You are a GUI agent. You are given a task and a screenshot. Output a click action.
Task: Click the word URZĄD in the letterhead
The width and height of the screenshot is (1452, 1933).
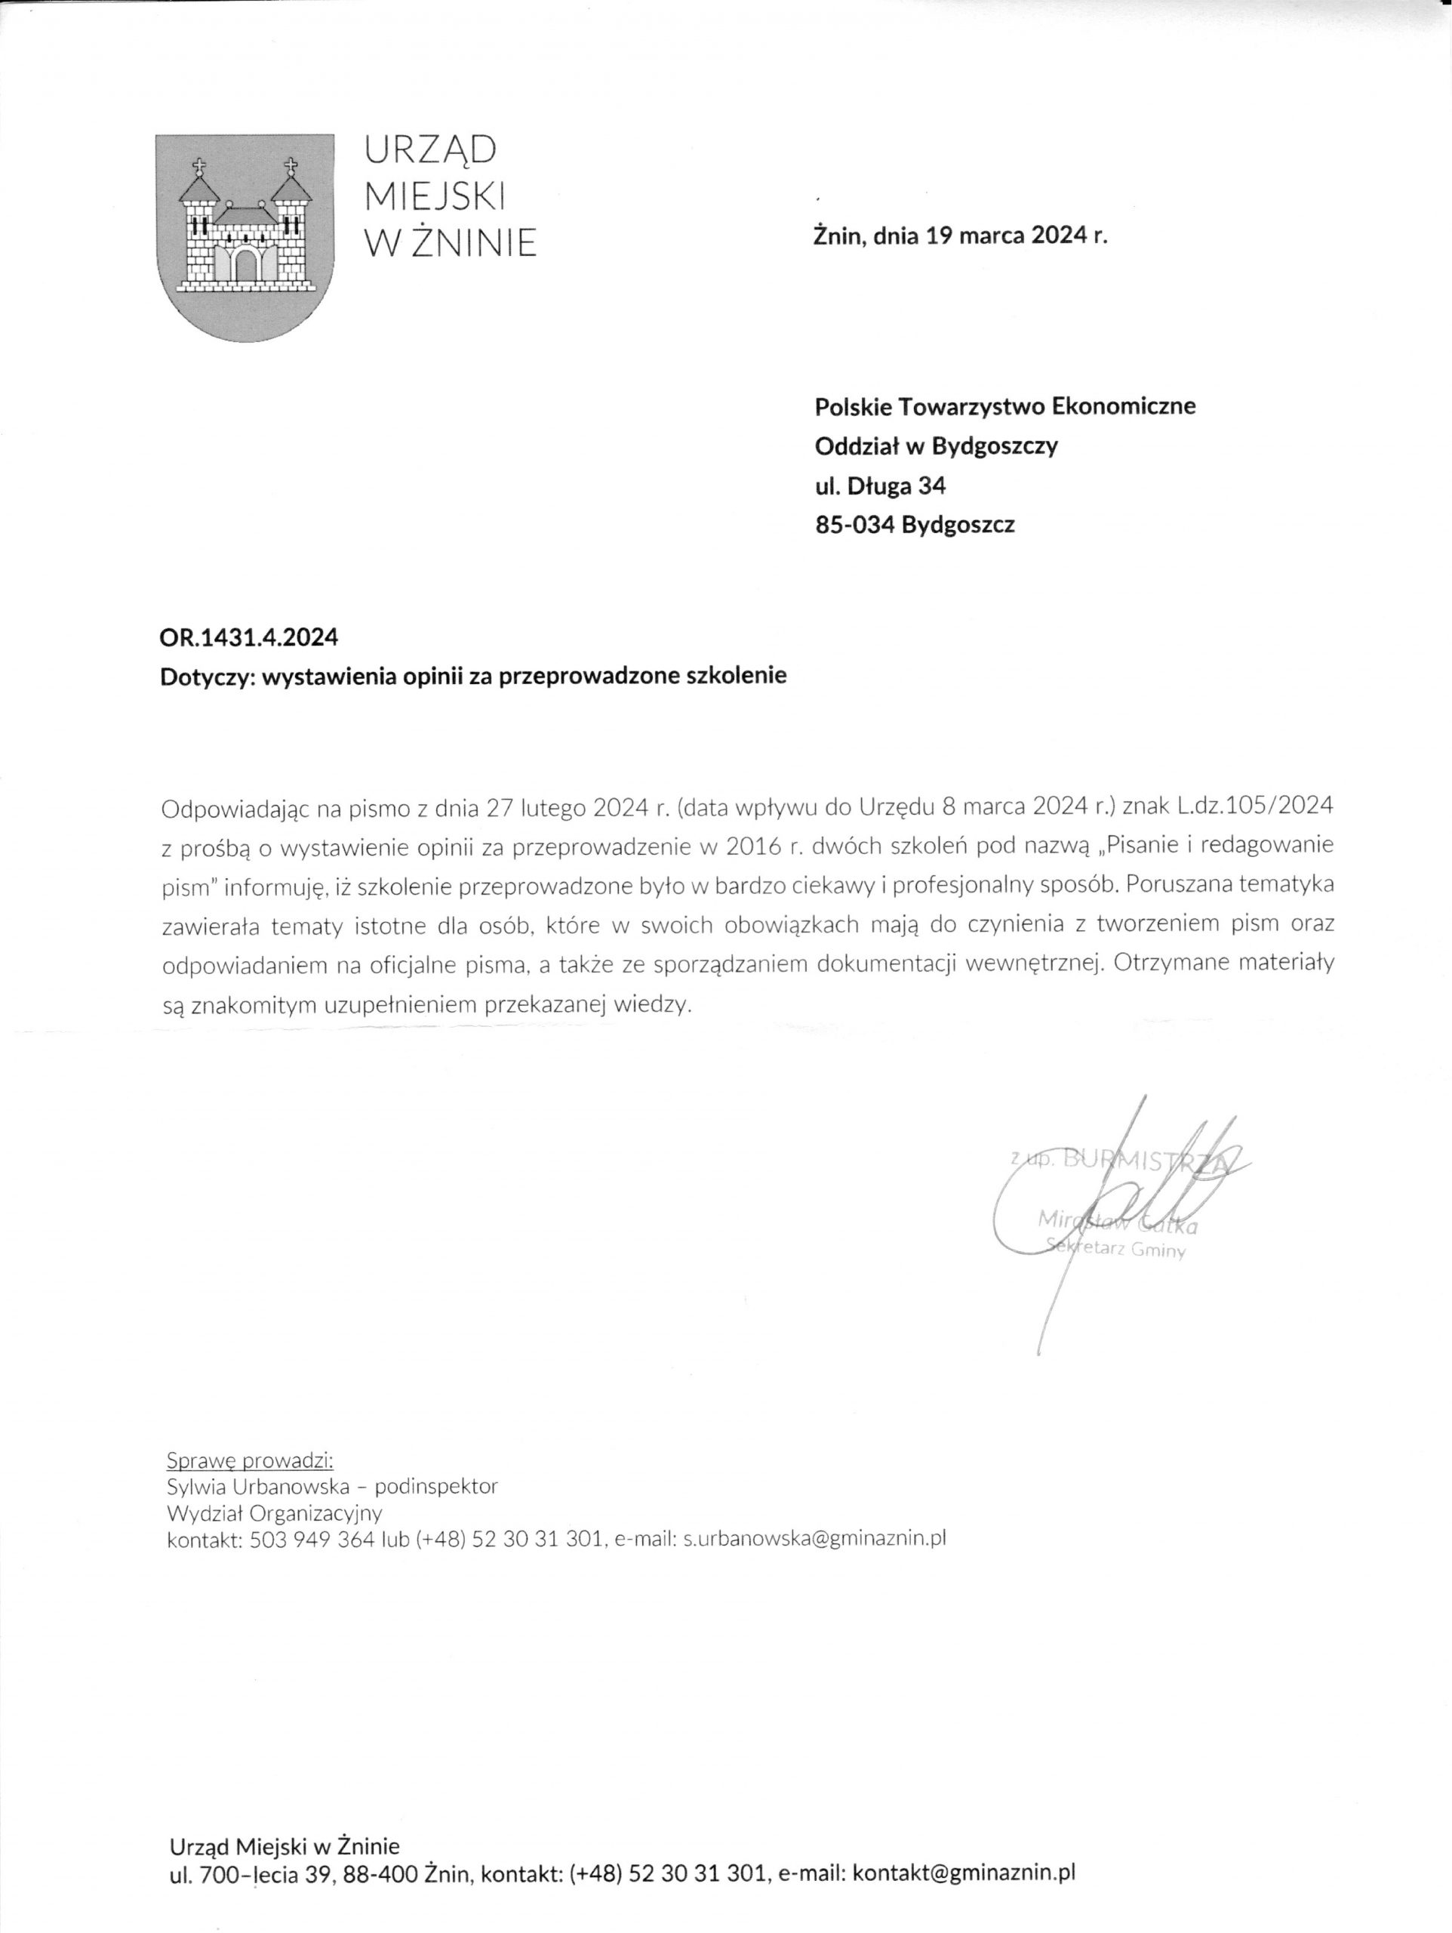pyautogui.click(x=429, y=151)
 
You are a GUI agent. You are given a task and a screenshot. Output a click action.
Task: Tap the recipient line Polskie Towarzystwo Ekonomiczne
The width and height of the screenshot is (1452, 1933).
pyautogui.click(x=1004, y=406)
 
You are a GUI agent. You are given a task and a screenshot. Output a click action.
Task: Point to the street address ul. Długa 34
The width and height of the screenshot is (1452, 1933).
pyautogui.click(x=880, y=485)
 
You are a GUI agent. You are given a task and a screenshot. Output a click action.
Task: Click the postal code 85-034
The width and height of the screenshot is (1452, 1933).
pyautogui.click(x=854, y=526)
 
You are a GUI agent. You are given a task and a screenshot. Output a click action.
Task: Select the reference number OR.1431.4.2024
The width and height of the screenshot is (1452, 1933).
pyautogui.click(x=249, y=638)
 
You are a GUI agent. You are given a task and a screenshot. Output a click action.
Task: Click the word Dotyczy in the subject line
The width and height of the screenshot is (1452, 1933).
pyautogui.click(x=205, y=677)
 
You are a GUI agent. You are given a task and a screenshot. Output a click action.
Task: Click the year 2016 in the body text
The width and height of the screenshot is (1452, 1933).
pyautogui.click(x=752, y=846)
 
